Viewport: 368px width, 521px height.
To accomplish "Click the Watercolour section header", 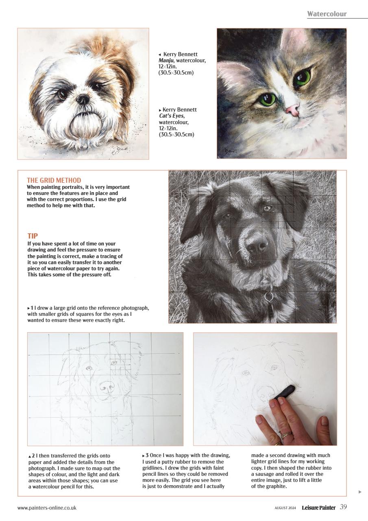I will [x=327, y=14].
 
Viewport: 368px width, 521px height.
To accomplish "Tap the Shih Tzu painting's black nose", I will [x=83, y=99].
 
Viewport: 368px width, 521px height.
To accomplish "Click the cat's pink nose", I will [x=292, y=109].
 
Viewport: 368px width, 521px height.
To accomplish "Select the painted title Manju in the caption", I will [x=165, y=61].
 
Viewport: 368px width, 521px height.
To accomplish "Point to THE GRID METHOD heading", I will [x=54, y=180].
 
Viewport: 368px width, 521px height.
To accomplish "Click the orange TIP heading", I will [x=33, y=236].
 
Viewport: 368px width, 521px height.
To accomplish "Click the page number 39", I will [x=343, y=507].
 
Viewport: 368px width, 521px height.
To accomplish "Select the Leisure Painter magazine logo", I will [x=318, y=508].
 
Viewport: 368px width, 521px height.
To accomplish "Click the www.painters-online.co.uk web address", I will [x=47, y=508].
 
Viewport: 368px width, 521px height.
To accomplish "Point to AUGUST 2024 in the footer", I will [x=285, y=508].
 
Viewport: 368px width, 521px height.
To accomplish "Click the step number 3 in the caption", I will [x=147, y=455].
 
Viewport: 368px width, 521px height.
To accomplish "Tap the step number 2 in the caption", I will [x=33, y=455].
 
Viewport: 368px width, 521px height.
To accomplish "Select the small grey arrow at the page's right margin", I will [x=360, y=492].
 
